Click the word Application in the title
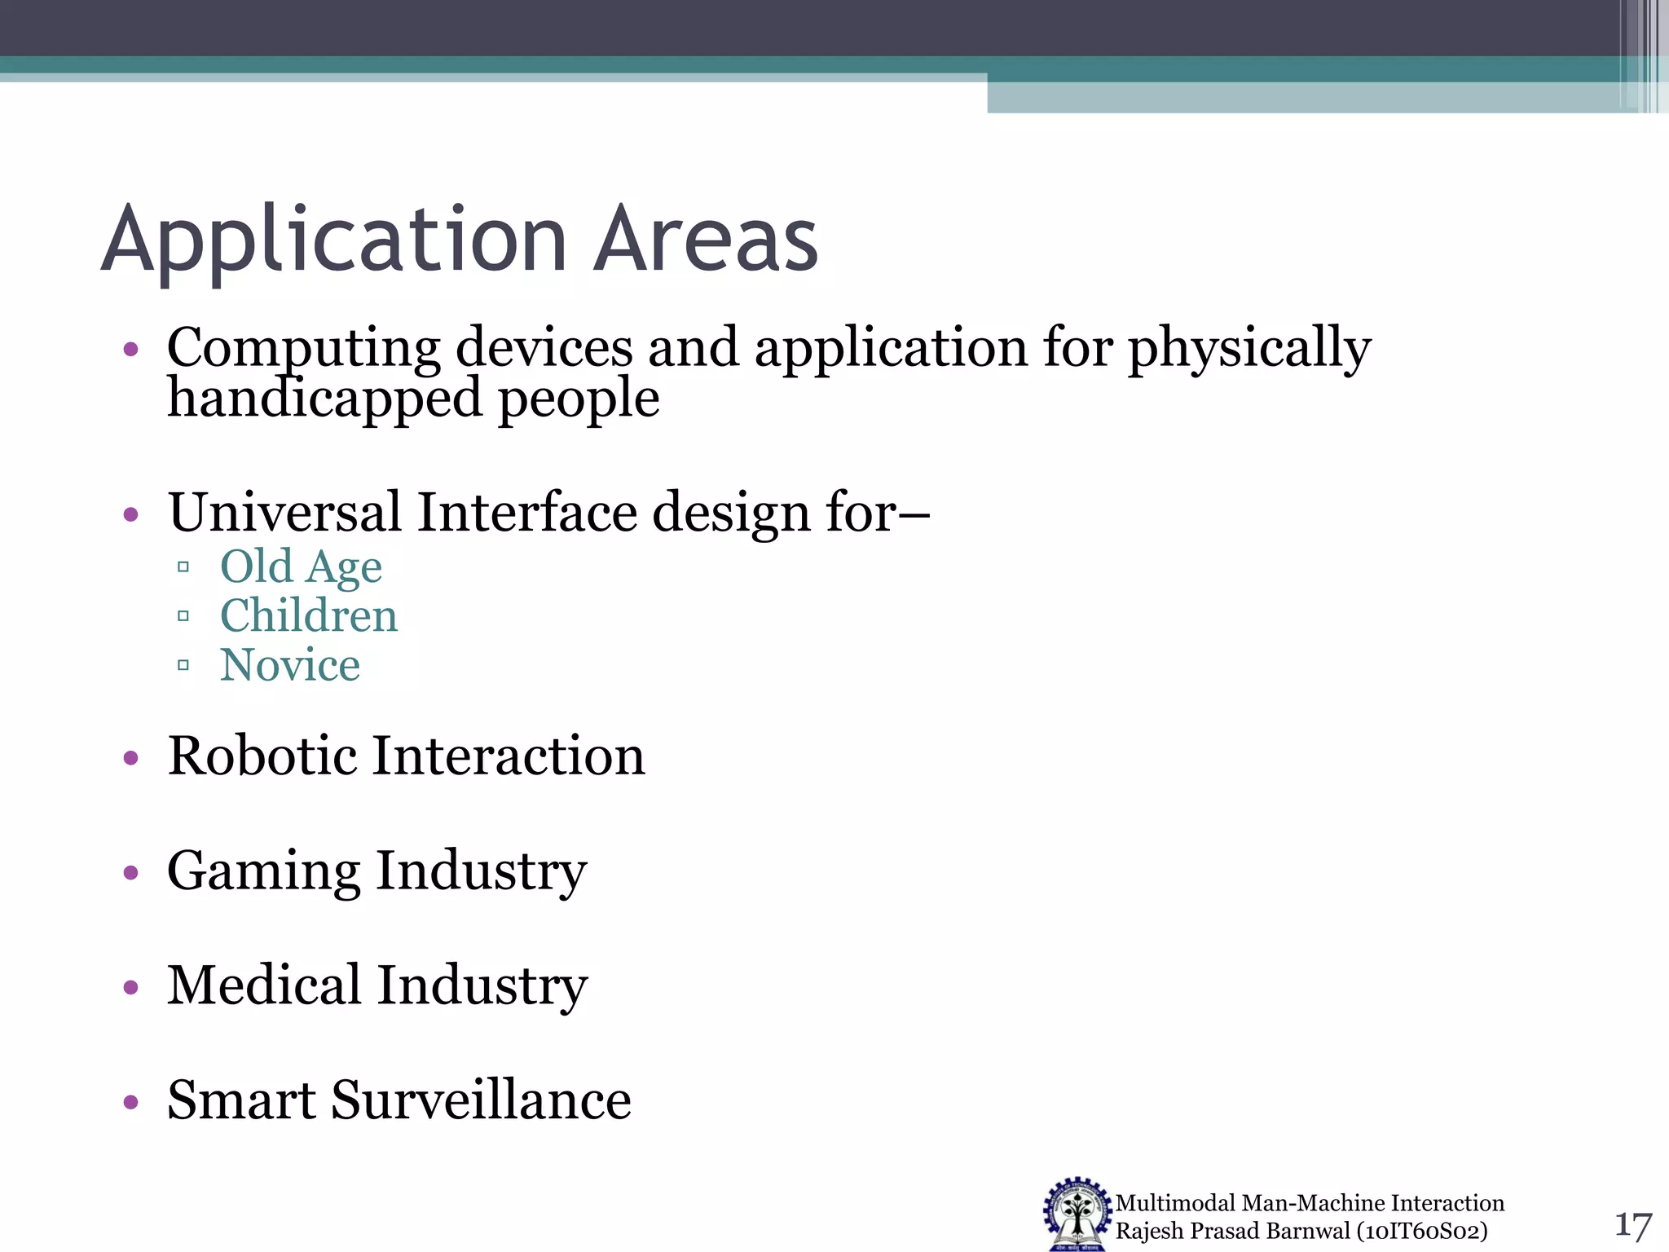(x=334, y=240)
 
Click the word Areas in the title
(x=705, y=240)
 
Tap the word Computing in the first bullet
(x=303, y=349)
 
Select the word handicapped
(x=324, y=399)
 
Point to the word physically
(x=1248, y=349)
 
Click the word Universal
(x=284, y=513)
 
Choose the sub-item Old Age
(x=301, y=566)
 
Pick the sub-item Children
(x=309, y=615)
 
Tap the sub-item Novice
(x=290, y=665)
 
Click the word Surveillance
(x=481, y=1100)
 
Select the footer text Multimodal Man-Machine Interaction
(x=1309, y=1203)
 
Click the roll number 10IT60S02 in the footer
(x=1422, y=1231)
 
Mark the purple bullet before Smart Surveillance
(x=131, y=1103)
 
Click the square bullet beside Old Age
(x=183, y=566)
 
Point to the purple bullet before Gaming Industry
(x=131, y=874)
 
